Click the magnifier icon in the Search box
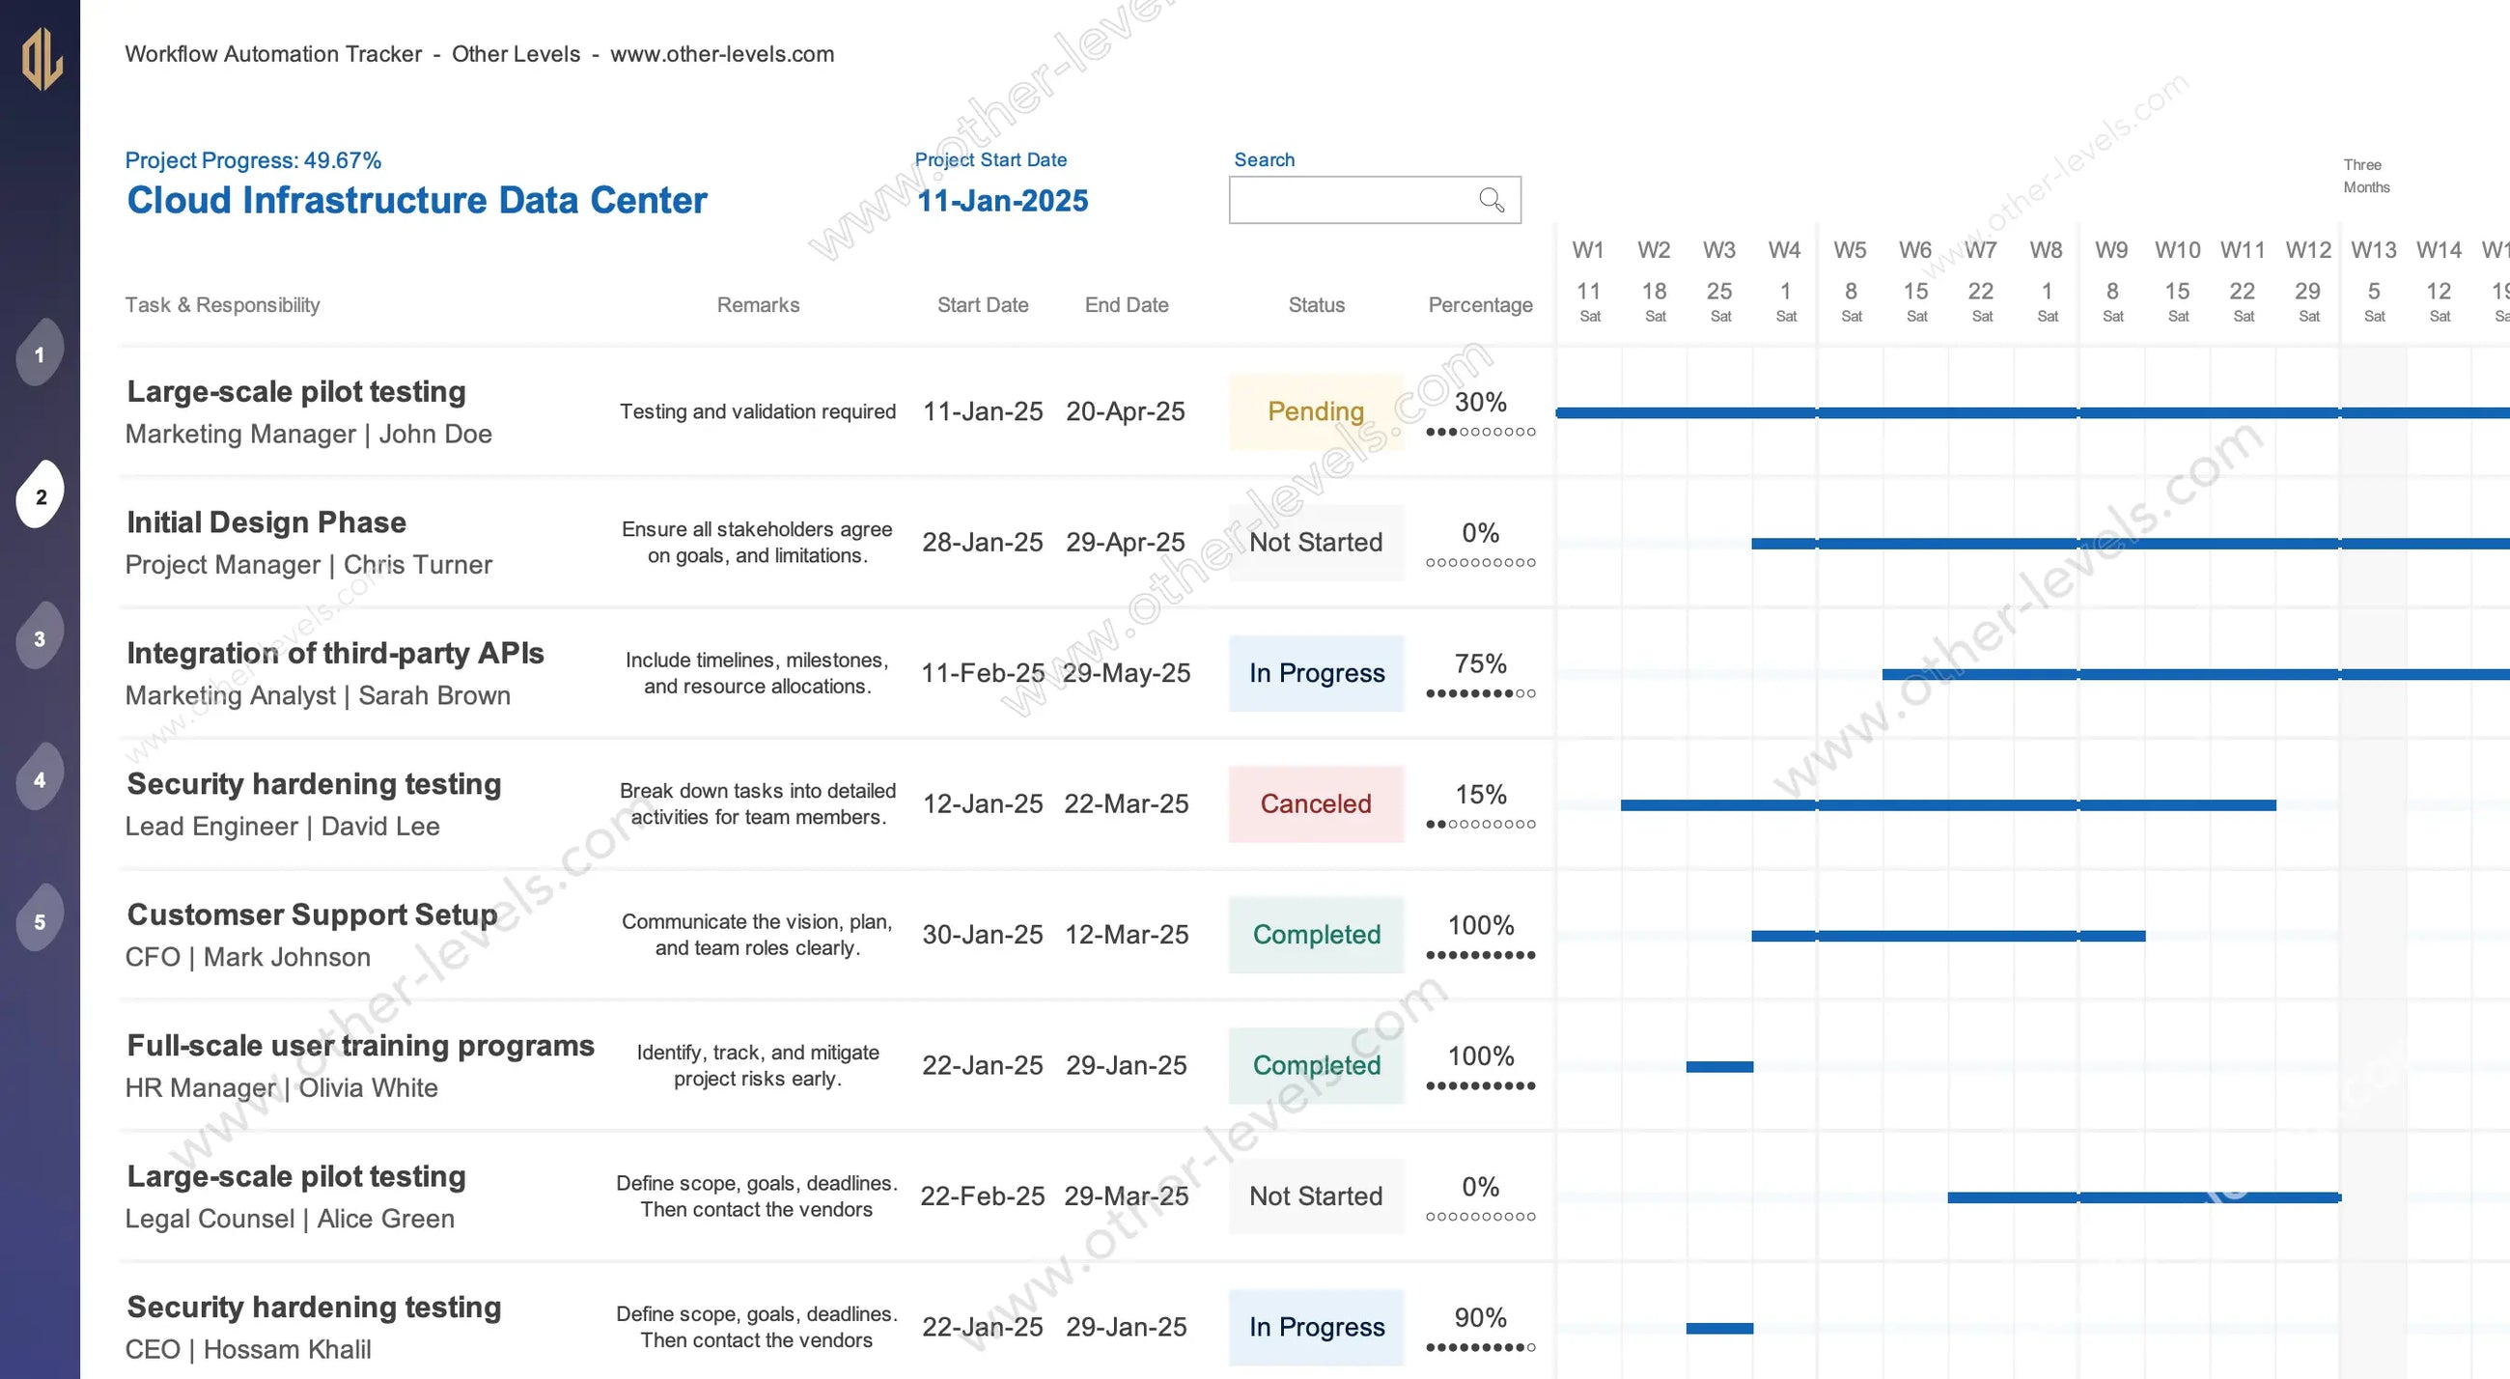[x=1491, y=200]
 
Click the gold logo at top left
[x=42, y=59]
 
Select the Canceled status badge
[x=1316, y=804]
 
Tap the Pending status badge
[x=1316, y=411]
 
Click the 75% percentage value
[x=1480, y=663]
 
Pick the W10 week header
[x=2177, y=250]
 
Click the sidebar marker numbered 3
[x=40, y=638]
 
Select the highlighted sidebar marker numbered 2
[x=40, y=496]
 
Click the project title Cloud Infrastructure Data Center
[x=417, y=201]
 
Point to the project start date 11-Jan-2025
[x=1003, y=201]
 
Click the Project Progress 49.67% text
[x=252, y=160]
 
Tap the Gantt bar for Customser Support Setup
[x=1948, y=936]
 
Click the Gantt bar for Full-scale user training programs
[x=1718, y=1066]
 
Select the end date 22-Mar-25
[x=1126, y=804]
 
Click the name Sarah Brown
[x=433, y=696]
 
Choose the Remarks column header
[x=758, y=305]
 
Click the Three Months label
[x=2366, y=176]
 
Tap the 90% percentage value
[x=1480, y=1317]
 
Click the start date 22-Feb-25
[x=982, y=1196]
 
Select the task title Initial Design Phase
[x=266, y=522]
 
